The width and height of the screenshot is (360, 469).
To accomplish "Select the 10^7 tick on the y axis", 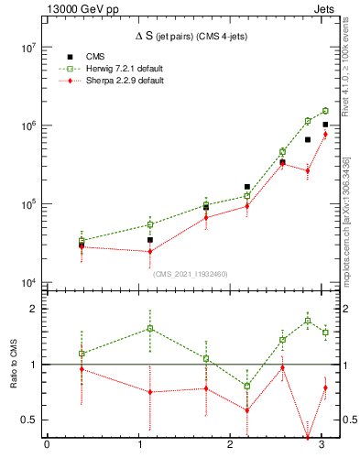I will tap(27, 47).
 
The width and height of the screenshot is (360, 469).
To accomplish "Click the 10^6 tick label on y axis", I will tap(27, 125).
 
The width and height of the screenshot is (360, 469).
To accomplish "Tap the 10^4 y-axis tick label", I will tap(27, 283).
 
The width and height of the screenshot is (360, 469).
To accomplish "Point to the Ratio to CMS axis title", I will tap(13, 364).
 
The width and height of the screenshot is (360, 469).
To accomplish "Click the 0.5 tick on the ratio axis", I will tap(31, 420).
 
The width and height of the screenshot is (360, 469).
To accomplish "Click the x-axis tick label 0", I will tap(47, 447).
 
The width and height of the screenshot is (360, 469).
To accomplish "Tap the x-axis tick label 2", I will tap(230, 447).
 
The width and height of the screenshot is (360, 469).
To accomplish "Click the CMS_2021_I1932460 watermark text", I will tap(191, 273).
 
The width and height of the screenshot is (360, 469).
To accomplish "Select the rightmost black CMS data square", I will tap(325, 125).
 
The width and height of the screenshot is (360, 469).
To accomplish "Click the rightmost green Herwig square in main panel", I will tap(325, 111).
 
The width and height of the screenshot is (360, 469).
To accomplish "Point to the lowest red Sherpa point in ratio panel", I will tap(308, 438).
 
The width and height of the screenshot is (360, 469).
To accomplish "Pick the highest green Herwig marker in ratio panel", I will tap(308, 321).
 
